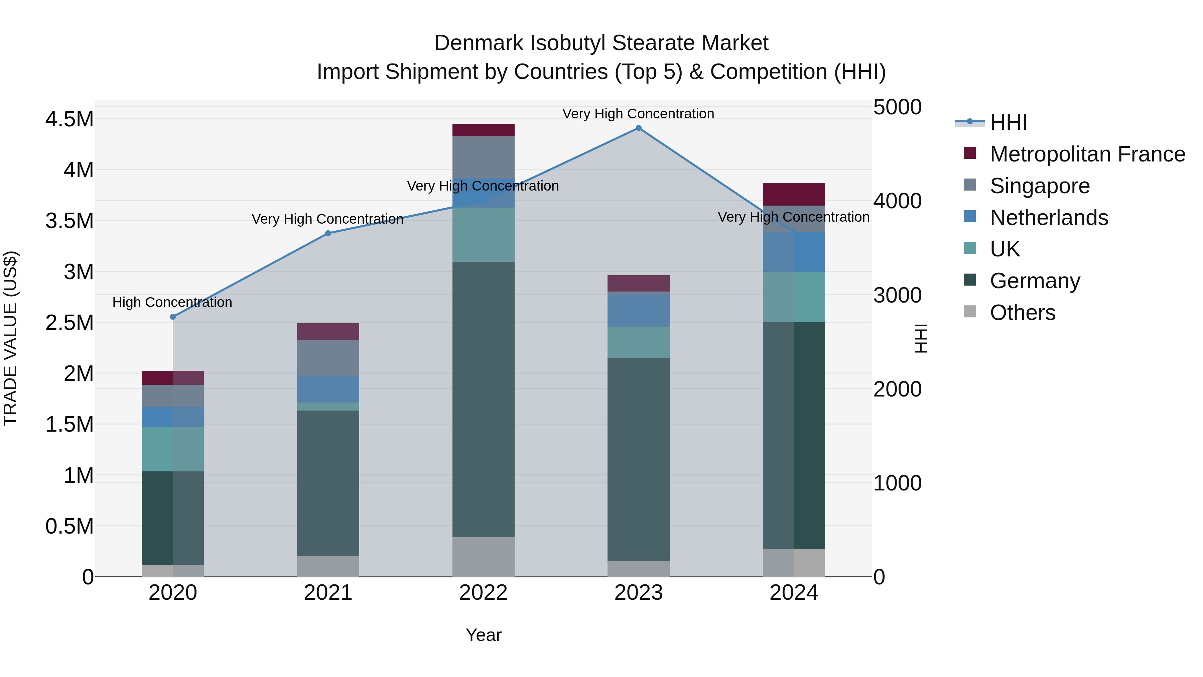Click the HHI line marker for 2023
[x=638, y=128]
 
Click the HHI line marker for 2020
[x=173, y=317]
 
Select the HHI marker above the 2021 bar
[x=328, y=233]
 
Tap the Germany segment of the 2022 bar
[x=483, y=400]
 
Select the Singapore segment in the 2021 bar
[x=328, y=357]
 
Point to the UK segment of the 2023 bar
[x=638, y=342]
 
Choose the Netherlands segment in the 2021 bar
[x=328, y=389]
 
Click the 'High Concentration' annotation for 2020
[x=172, y=302]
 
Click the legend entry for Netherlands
[x=1048, y=218]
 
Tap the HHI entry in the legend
[x=1008, y=122]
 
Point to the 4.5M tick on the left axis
[x=69, y=119]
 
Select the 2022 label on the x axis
[x=483, y=593]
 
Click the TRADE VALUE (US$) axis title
[x=10, y=338]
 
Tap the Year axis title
[x=483, y=635]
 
